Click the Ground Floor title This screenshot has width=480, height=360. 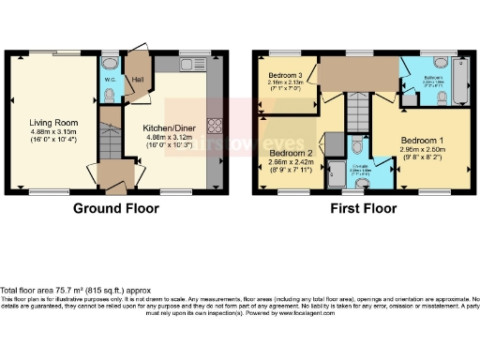coord(113,207)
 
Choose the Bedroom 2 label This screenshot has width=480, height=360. coord(291,152)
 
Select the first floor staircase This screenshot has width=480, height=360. coord(356,117)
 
